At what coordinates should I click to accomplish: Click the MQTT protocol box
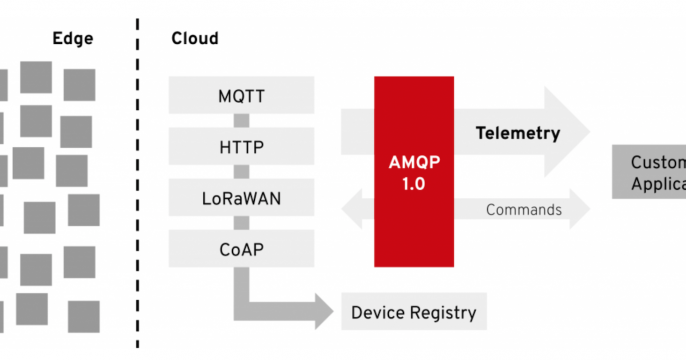pos(241,97)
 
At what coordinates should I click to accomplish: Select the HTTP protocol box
pos(241,147)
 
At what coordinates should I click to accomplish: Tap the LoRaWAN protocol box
pos(241,197)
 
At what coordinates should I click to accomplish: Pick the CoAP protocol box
pos(241,246)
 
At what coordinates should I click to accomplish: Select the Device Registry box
pos(413,312)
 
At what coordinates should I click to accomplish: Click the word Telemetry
pos(517,133)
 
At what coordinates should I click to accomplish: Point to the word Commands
pos(523,210)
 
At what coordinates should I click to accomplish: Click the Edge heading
pos(73,39)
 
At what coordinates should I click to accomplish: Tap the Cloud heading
pos(195,39)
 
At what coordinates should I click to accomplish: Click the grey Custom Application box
pos(649,172)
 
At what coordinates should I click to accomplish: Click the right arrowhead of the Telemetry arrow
pos(570,133)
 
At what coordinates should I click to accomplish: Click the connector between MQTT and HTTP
pos(241,122)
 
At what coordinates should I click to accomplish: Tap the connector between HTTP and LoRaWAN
pos(241,172)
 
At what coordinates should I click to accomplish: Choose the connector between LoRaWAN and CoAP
pos(241,222)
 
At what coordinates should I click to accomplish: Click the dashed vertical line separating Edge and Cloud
pos(138,180)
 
